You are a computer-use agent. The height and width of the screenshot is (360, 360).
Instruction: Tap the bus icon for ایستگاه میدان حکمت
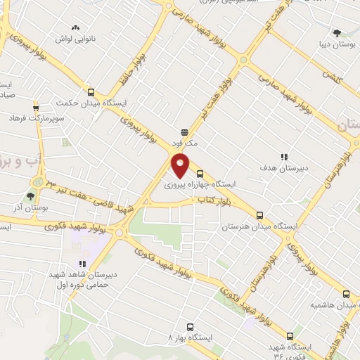90,92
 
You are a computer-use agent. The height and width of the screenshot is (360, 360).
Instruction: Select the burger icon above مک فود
184,131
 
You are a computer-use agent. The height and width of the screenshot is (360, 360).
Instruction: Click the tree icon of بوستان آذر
30,195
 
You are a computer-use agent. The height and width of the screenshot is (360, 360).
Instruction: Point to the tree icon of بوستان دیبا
337,32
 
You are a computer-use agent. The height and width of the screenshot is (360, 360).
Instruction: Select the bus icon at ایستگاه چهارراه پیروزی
200,174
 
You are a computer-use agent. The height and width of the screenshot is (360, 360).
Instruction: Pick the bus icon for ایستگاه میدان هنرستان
259,216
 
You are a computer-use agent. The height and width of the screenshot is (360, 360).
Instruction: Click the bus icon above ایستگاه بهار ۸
190,327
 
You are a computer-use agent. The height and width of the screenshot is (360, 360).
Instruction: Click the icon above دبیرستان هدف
284,157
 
